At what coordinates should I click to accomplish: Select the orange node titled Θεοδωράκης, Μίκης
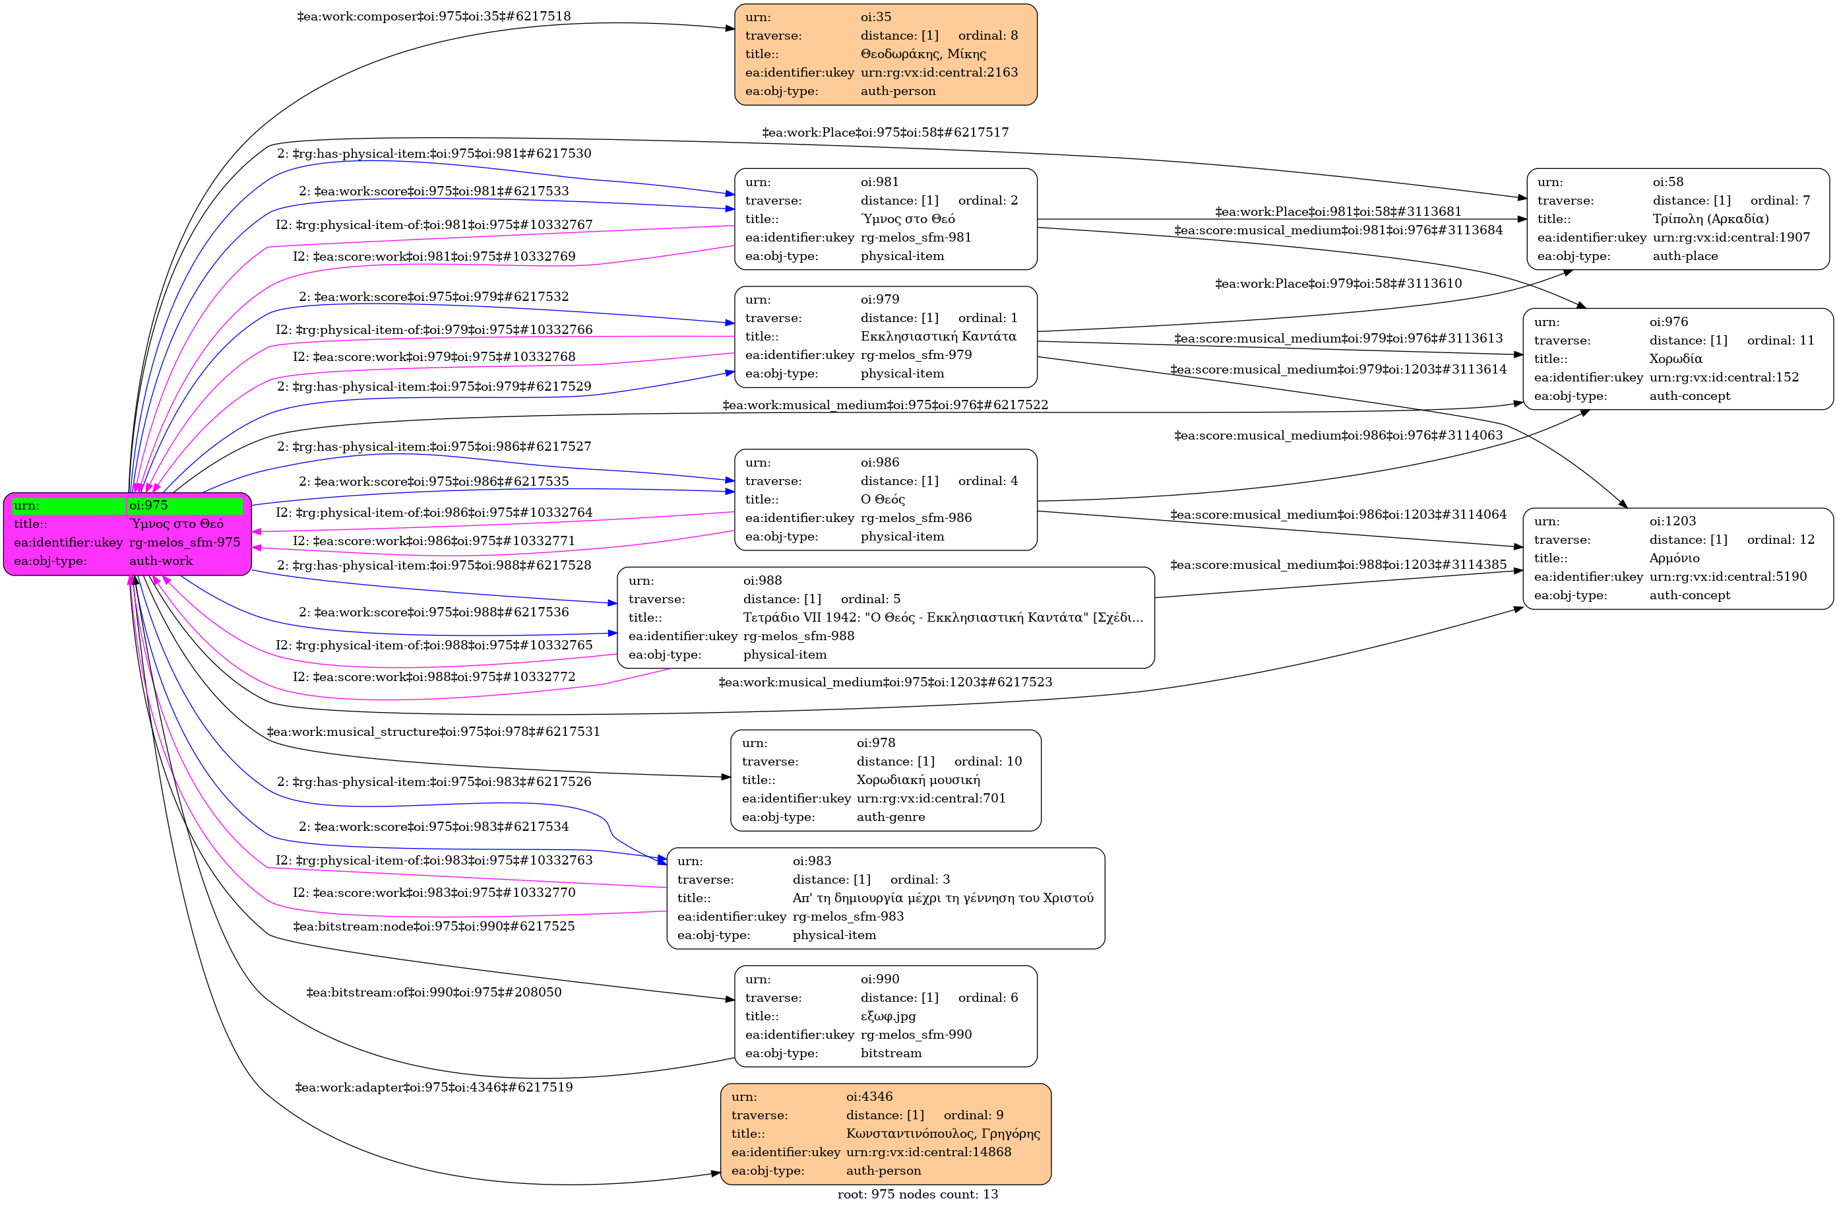point(885,54)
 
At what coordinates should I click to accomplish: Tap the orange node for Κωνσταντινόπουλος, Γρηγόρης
point(885,1133)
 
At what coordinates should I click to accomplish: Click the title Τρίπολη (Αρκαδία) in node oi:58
point(1710,219)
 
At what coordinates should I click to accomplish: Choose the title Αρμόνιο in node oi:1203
point(1673,558)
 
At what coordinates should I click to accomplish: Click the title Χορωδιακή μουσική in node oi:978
point(918,780)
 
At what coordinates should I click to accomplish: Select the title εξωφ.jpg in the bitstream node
point(888,1016)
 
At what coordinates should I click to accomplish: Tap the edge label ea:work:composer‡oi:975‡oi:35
point(434,16)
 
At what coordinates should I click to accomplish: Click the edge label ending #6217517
point(885,133)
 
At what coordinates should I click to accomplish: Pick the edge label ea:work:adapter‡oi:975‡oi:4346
point(434,1088)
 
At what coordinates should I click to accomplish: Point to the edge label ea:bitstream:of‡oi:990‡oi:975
point(434,993)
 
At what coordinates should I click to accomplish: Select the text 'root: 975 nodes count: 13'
point(917,1194)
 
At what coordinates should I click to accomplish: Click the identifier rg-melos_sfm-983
point(848,917)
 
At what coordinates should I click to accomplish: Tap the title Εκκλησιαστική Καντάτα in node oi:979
point(938,337)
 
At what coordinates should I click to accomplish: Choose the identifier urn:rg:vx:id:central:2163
point(939,73)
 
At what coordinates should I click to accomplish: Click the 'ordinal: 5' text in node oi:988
point(870,599)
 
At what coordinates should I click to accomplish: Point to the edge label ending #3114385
point(1338,565)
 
